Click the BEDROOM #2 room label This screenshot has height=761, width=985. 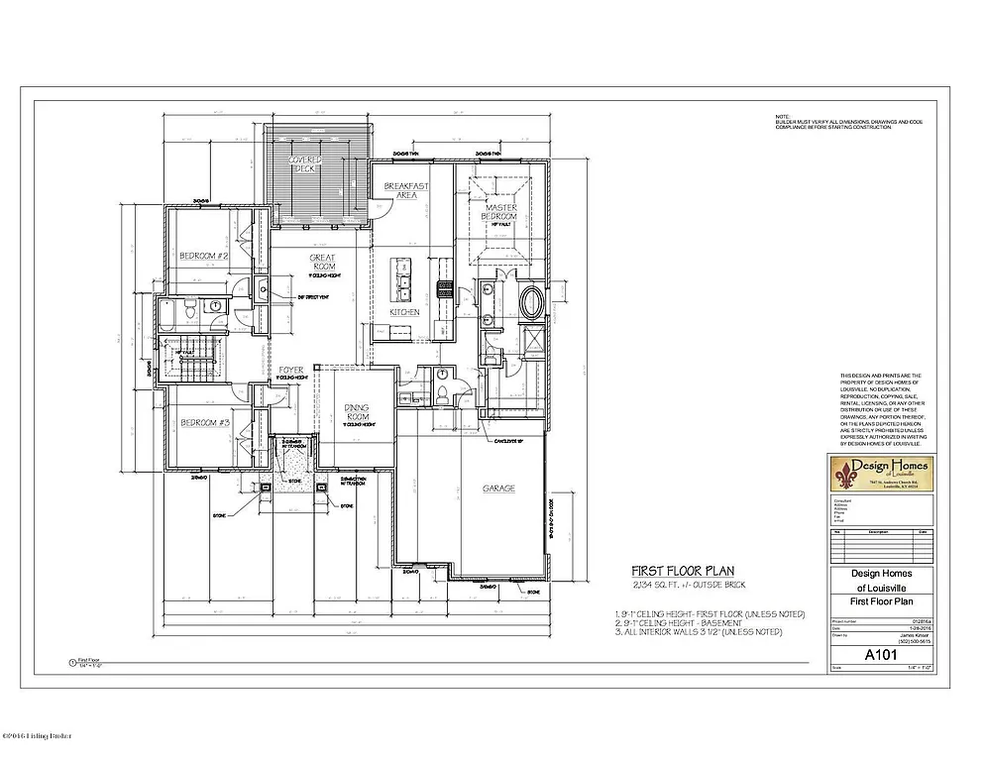pos(204,257)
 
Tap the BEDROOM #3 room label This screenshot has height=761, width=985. pos(204,424)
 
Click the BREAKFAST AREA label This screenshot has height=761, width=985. pos(406,190)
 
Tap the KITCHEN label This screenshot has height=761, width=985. pos(403,312)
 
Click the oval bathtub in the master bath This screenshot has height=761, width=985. pos(531,303)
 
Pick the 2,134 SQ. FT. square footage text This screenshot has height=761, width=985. pos(684,589)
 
